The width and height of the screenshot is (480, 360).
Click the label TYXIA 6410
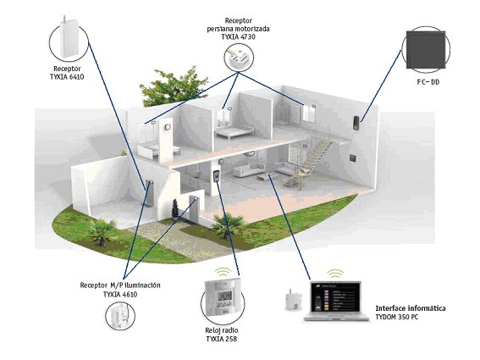pyautogui.click(x=67, y=77)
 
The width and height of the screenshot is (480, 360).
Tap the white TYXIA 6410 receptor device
pyautogui.click(x=69, y=37)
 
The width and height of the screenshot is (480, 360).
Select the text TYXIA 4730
pyautogui.click(x=238, y=36)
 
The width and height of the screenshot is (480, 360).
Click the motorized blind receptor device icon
pyautogui.click(x=239, y=58)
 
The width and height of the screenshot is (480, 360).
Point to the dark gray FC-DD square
pyautogui.click(x=426, y=50)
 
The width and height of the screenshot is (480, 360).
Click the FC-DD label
pyautogui.click(x=428, y=82)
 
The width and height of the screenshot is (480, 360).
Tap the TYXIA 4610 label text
pyautogui.click(x=120, y=295)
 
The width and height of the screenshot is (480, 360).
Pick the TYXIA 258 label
pyautogui.click(x=221, y=339)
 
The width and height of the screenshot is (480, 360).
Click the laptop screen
pyautogui.click(x=335, y=296)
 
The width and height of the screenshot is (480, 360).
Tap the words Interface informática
pyautogui.click(x=411, y=308)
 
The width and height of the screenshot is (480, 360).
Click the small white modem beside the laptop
pyautogui.click(x=293, y=300)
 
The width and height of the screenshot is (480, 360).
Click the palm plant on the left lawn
pyautogui.click(x=100, y=230)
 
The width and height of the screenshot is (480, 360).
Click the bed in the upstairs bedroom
pyautogui.click(x=234, y=130)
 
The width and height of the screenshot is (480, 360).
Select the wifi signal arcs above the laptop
pyautogui.click(x=335, y=274)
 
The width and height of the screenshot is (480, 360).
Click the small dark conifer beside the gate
pyautogui.click(x=174, y=208)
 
